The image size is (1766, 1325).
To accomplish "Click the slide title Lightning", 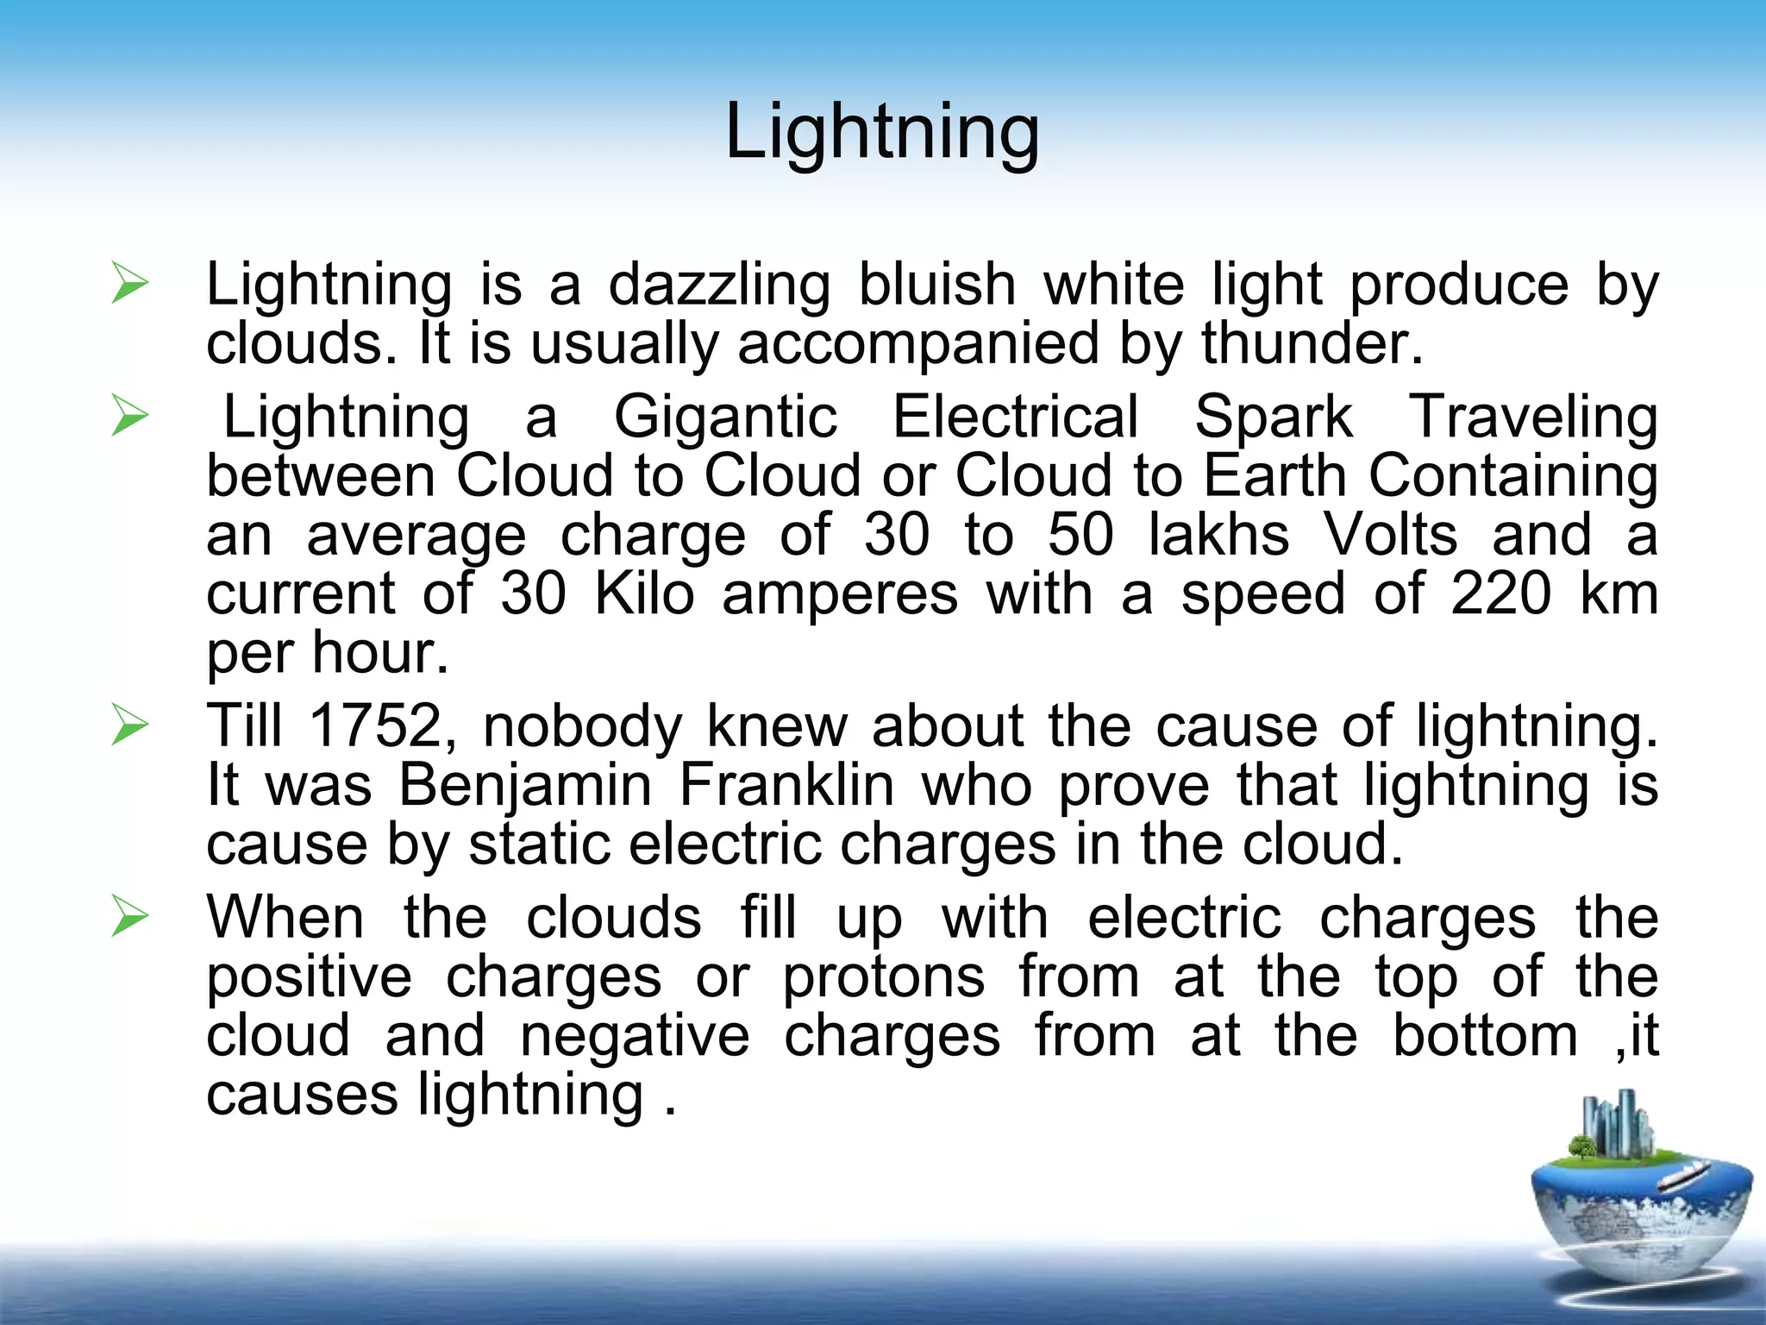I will (882, 132).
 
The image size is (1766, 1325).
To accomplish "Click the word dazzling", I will (719, 285).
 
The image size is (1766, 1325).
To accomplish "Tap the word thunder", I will (1311, 343).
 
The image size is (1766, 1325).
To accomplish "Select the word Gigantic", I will (725, 418).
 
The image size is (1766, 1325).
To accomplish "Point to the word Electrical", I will (1015, 418).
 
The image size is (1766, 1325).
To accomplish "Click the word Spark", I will (1274, 418).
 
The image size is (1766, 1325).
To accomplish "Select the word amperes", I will (840, 595).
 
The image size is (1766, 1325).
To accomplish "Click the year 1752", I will (376, 725).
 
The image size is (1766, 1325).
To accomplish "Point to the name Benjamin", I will (525, 786).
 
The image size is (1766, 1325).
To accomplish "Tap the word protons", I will (883, 978).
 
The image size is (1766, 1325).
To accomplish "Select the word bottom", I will (1485, 1035).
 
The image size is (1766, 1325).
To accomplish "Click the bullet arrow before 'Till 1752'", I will (129, 725).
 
